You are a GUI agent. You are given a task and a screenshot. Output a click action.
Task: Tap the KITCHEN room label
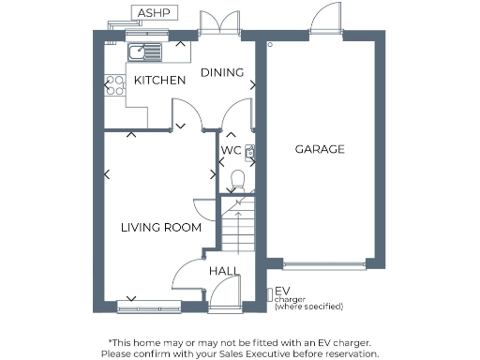[x=159, y=81]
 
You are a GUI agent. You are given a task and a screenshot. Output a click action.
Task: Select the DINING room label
[x=222, y=73]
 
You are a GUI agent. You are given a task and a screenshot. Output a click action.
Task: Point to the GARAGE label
[x=320, y=149]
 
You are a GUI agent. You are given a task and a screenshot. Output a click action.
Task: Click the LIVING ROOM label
[x=161, y=227]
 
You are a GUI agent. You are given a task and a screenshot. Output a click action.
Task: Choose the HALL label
[x=223, y=271]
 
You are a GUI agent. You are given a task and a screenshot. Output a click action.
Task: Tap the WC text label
[x=231, y=150]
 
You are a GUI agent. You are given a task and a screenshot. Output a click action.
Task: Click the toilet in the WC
[x=237, y=178]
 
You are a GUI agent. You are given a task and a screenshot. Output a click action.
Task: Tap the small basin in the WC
[x=250, y=150]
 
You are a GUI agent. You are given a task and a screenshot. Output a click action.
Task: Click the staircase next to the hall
[x=238, y=225]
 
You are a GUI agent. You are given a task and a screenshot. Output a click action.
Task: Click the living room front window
[x=149, y=305]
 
